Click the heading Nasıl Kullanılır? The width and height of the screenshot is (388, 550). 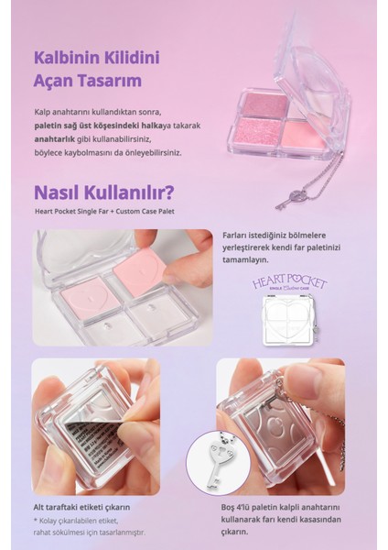pos(104,195)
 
